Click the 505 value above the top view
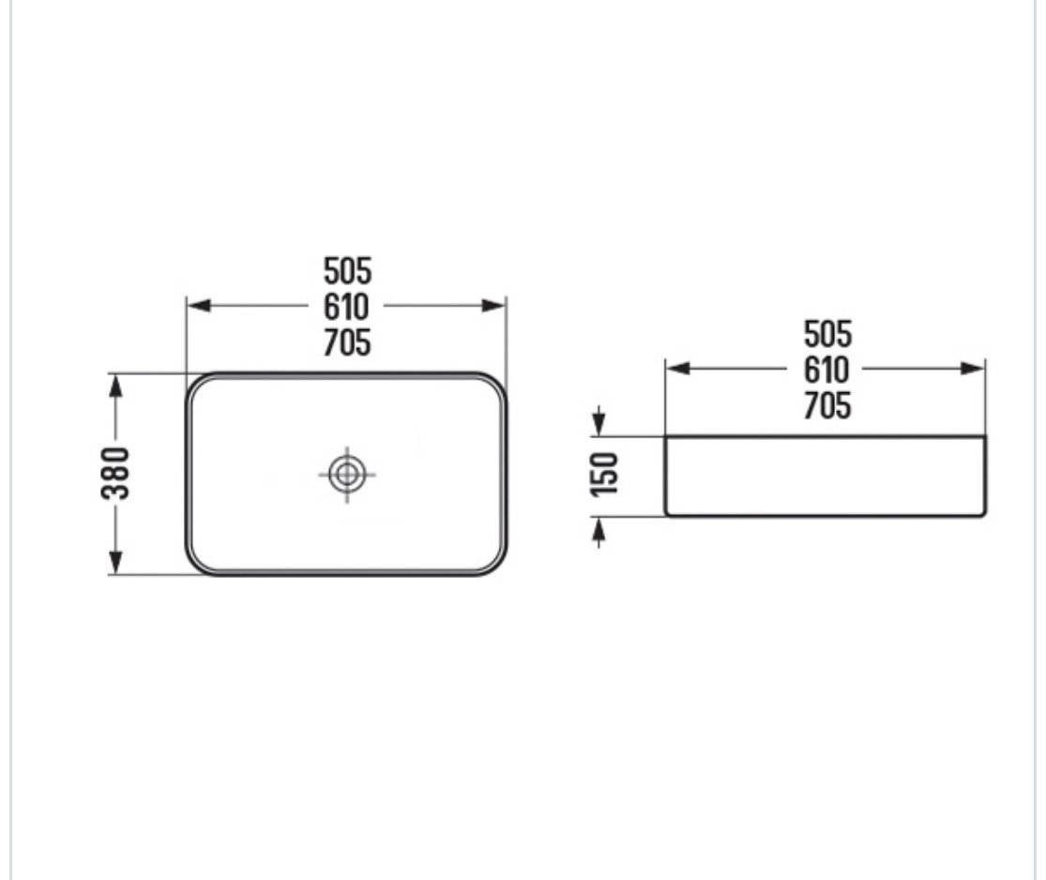pyautogui.click(x=347, y=271)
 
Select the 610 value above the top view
pyautogui.click(x=346, y=307)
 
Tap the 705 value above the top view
pyautogui.click(x=347, y=343)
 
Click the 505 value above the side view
pyautogui.click(x=827, y=334)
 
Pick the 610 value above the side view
pyautogui.click(x=826, y=370)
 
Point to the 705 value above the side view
pyautogui.click(x=827, y=405)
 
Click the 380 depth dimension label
pyautogui.click(x=114, y=473)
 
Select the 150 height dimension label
pyautogui.click(x=604, y=475)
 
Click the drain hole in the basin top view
pyautogui.click(x=347, y=475)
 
